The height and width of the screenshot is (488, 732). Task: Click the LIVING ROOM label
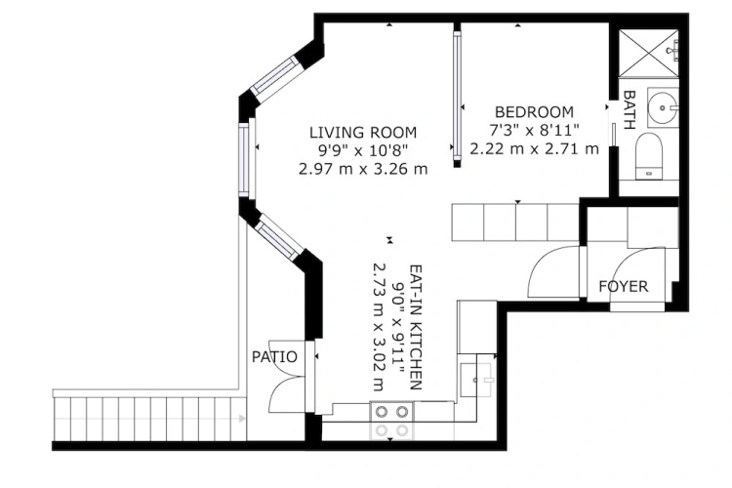363,133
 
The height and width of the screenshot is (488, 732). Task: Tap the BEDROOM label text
534,112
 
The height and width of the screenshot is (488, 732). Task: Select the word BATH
629,109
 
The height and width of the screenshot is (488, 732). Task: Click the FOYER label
624,286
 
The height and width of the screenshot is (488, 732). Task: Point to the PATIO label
274,357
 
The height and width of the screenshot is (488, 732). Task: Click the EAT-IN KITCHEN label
416,327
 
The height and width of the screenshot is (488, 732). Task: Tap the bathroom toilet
649,156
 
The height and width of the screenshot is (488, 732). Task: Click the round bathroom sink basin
663,108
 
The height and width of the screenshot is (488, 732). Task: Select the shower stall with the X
648,53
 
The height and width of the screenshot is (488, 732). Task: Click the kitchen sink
475,380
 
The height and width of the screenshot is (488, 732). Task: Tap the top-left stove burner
382,412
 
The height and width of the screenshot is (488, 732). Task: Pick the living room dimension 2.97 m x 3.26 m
363,169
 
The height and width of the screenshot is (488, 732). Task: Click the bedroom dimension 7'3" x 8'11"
534,130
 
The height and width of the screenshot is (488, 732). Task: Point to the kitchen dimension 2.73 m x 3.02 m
379,327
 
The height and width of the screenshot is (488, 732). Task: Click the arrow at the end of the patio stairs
242,419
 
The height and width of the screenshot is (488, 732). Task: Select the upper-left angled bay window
275,78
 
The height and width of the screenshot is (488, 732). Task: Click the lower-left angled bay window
279,237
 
